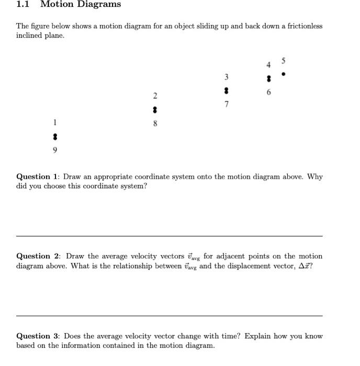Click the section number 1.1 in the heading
22,5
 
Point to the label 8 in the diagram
155,124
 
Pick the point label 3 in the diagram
226,77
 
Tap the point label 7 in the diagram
226,105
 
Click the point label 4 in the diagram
268,65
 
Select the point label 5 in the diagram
284,59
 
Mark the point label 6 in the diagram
268,93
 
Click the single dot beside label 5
283,74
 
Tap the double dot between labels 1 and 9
54,136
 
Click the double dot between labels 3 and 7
226,90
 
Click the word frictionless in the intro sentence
302,26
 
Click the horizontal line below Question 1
169,236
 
